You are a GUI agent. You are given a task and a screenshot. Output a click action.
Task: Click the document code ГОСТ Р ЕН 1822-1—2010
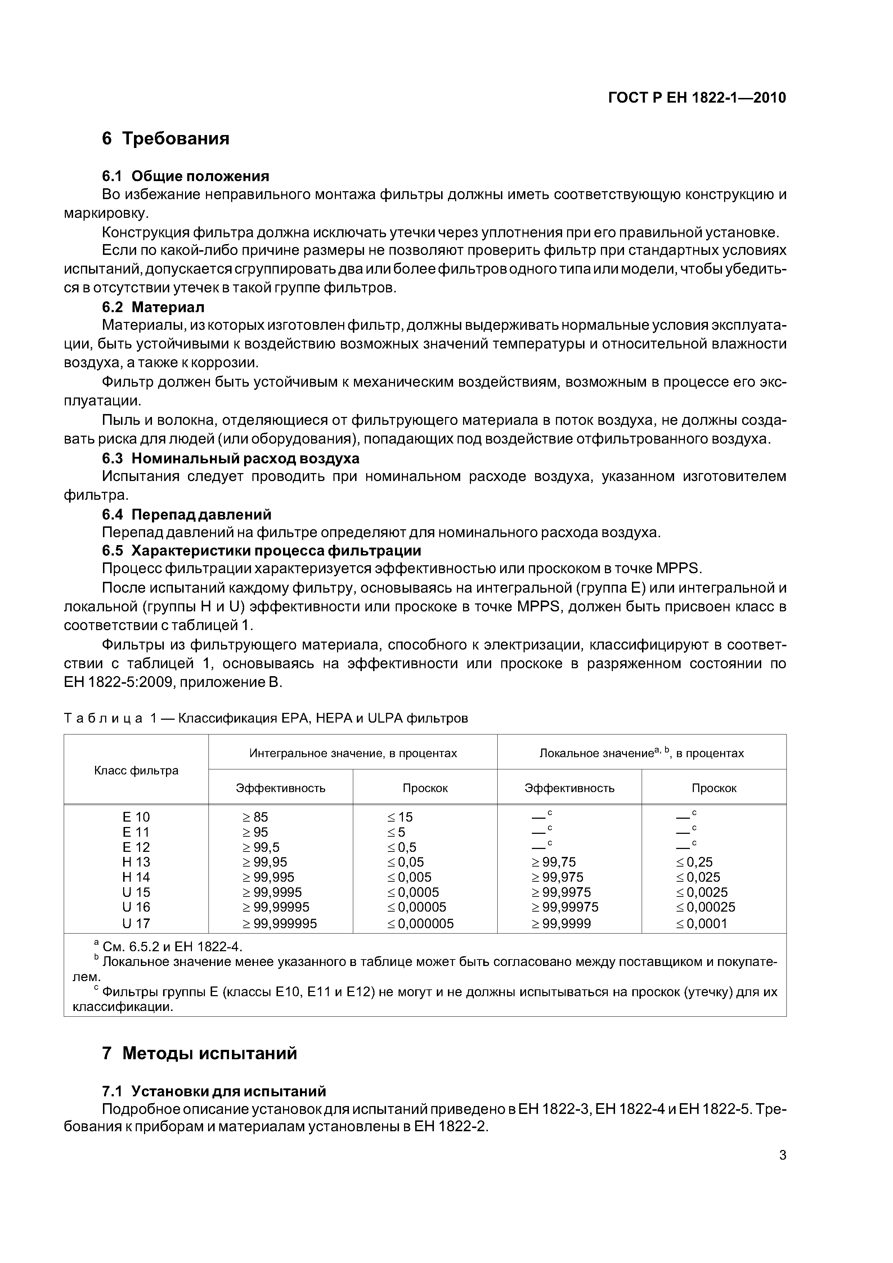point(696,98)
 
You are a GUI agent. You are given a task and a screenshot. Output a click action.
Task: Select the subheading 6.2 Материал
point(153,307)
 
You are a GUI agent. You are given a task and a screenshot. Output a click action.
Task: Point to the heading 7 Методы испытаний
point(199,1053)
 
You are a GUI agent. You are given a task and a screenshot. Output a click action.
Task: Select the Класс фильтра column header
point(136,770)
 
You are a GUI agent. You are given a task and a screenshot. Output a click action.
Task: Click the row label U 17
point(136,923)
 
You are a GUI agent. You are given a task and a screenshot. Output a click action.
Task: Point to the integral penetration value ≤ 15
point(400,817)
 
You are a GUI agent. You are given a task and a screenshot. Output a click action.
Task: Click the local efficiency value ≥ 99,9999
point(561,923)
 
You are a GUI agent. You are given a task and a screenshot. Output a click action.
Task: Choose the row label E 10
point(136,817)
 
